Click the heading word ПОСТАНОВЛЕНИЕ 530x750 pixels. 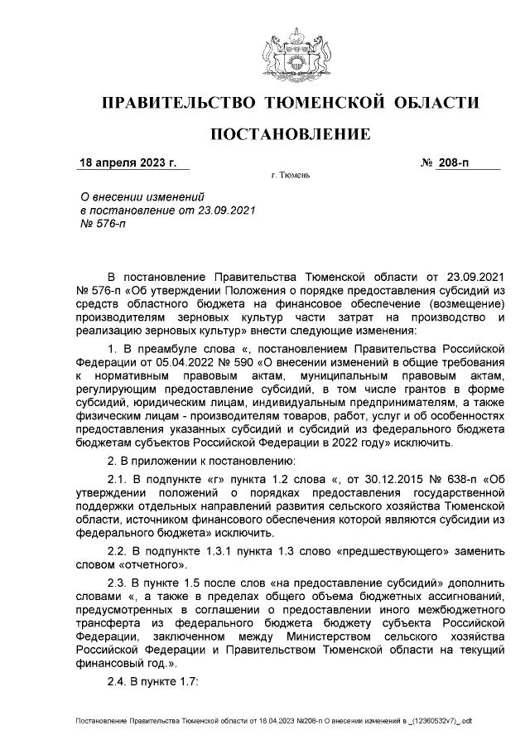tap(289, 134)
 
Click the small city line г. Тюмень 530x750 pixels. tap(290, 177)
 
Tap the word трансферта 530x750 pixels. tap(113, 622)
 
